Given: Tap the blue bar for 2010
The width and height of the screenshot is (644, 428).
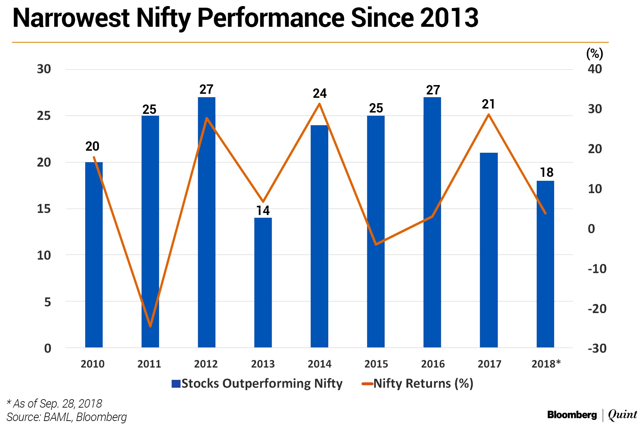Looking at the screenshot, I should click(x=94, y=255).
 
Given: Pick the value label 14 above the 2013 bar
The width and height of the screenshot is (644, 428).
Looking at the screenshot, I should click(x=263, y=211).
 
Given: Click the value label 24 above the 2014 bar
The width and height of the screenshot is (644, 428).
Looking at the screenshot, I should click(x=319, y=93).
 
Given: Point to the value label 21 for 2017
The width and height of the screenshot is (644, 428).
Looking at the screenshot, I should click(x=488, y=104).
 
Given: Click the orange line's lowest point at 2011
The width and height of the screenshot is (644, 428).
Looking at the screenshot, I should click(x=150, y=326).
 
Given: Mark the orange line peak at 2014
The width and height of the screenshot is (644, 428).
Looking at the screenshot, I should click(x=319, y=104).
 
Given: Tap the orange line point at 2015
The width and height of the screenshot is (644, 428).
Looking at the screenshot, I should click(x=376, y=244).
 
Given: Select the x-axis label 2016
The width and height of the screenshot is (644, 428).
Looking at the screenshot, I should click(x=433, y=364).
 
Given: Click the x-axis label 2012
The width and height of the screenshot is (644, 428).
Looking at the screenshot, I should click(x=206, y=364).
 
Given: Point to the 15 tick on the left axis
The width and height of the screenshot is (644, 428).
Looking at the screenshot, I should click(x=44, y=209).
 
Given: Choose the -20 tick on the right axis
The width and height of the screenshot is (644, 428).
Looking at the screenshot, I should click(x=597, y=308).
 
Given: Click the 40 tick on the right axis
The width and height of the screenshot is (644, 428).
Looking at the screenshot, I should click(x=595, y=69).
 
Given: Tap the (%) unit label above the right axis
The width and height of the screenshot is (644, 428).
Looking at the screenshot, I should click(x=594, y=54).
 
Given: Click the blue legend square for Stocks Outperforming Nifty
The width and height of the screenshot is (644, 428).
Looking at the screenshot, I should click(x=176, y=383).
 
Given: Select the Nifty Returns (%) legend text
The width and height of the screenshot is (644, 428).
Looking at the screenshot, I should click(x=423, y=383).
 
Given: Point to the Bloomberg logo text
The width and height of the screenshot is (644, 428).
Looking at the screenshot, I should click(x=572, y=415).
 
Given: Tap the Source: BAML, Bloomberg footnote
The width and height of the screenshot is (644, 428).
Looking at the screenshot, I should click(x=67, y=417).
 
